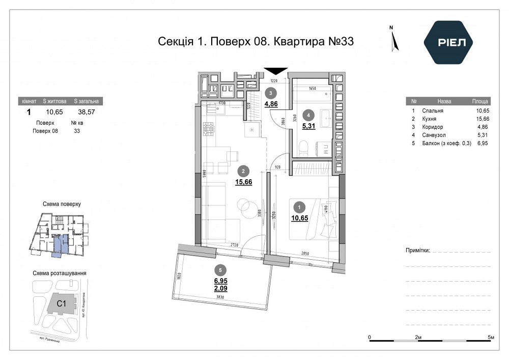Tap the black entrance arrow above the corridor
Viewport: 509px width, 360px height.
click(x=275, y=71)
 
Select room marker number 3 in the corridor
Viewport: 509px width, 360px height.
click(x=271, y=93)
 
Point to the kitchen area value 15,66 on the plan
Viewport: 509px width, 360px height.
click(x=244, y=181)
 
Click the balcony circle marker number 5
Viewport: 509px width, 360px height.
click(x=220, y=270)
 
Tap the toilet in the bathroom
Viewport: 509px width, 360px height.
click(x=304, y=148)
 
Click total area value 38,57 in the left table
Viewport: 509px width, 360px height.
click(x=86, y=112)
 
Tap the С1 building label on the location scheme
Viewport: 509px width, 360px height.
click(x=62, y=304)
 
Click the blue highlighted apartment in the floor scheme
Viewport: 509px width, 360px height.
click(x=61, y=245)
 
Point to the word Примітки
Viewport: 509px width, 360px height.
click(x=417, y=251)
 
